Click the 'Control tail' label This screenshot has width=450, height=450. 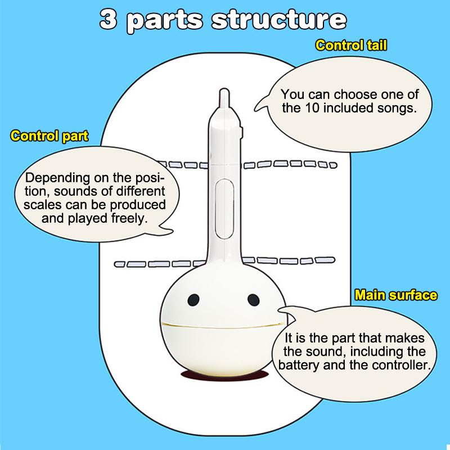tap(351, 46)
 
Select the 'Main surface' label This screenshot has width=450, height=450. tap(395, 295)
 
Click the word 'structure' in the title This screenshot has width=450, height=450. tap(279, 19)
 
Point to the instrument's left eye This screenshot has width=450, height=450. tap(193, 299)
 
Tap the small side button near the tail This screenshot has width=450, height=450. tap(240, 131)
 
